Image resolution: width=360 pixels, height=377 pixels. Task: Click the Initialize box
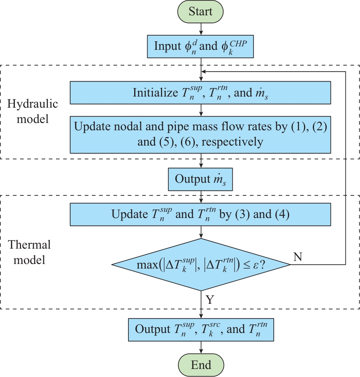click(x=200, y=92)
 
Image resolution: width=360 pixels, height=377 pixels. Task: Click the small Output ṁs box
click(x=200, y=179)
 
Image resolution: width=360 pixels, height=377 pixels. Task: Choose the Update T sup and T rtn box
click(x=200, y=214)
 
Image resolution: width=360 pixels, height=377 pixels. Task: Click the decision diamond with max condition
click(x=200, y=264)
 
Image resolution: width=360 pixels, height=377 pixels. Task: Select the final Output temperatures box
click(x=200, y=329)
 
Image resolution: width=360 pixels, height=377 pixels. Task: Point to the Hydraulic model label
click(x=33, y=111)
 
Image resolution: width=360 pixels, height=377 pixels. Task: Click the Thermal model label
click(x=29, y=252)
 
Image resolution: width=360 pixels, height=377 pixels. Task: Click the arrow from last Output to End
click(x=201, y=347)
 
